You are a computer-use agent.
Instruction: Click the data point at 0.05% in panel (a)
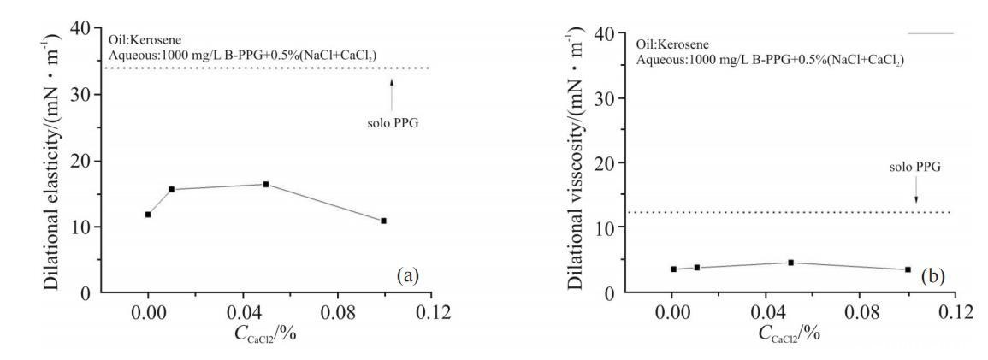[266, 184]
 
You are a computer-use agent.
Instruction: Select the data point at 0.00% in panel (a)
[148, 214]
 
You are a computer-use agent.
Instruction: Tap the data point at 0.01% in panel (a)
[172, 189]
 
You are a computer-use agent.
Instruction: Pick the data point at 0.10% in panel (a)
[384, 221]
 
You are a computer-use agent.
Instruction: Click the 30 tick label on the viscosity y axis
[605, 97]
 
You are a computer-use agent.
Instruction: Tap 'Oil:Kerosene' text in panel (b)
[668, 44]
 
